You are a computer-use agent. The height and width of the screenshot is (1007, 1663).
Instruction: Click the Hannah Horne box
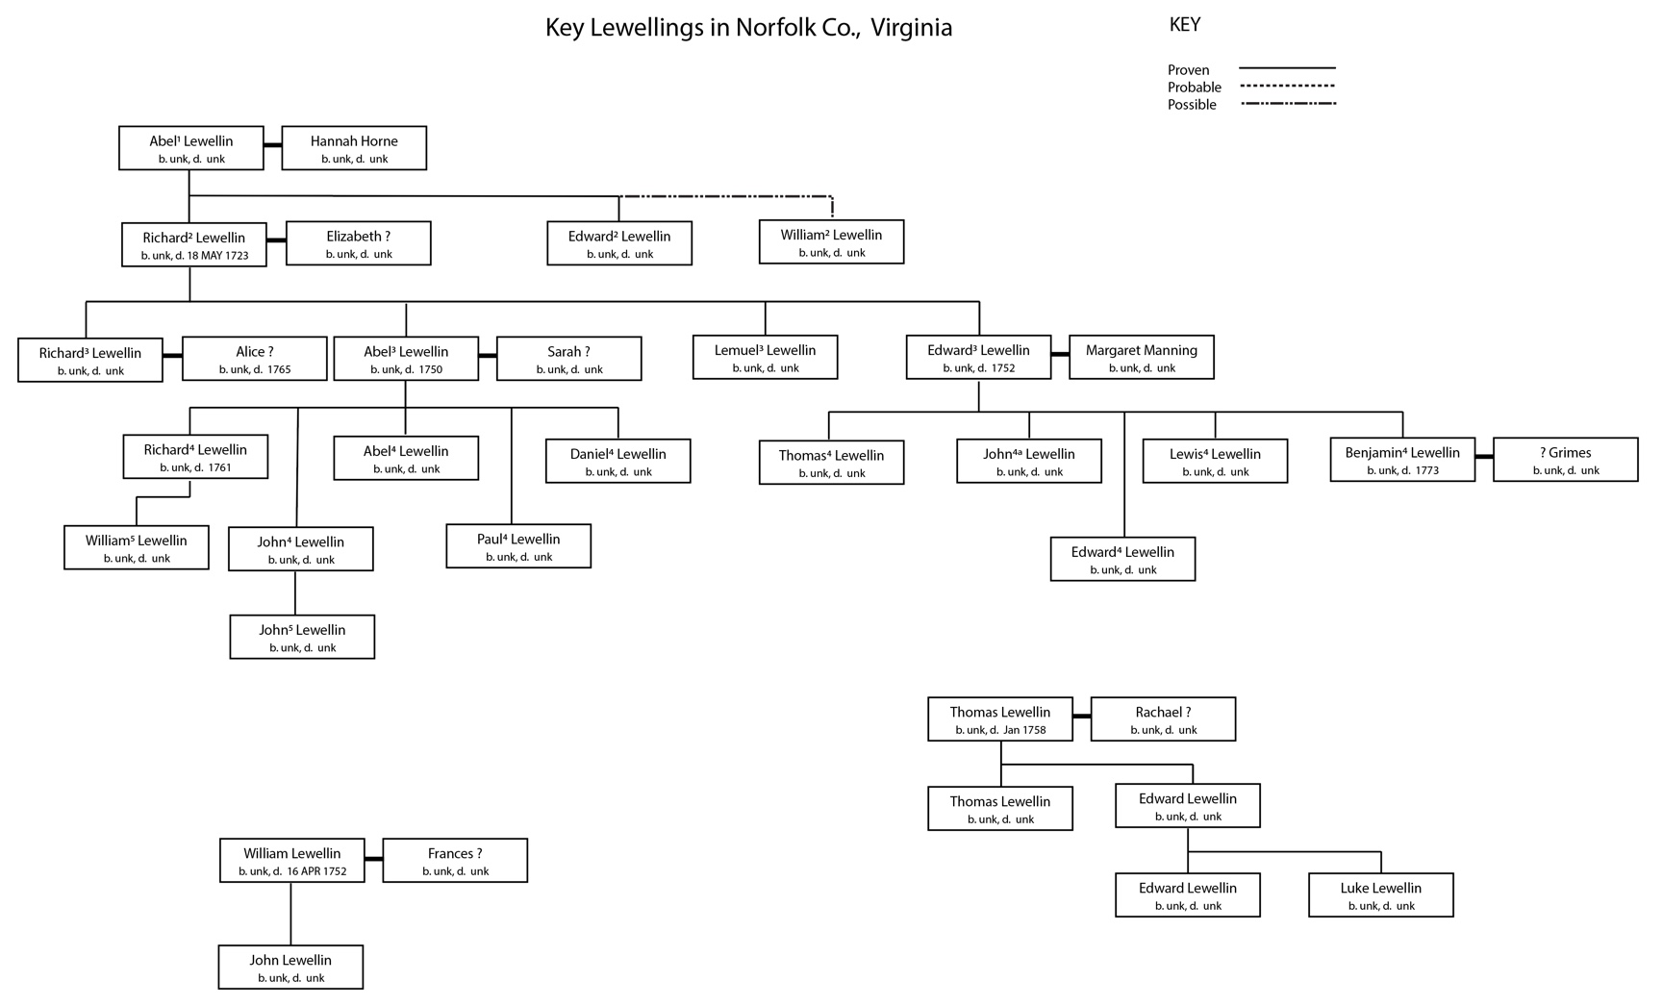pyautogui.click(x=354, y=148)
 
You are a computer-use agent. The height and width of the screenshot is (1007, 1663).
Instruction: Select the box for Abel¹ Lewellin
pyautogui.click(x=190, y=148)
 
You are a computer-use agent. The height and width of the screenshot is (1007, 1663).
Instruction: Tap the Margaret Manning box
pyautogui.click(x=1141, y=357)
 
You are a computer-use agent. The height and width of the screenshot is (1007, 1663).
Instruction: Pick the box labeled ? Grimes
pyautogui.click(x=1565, y=460)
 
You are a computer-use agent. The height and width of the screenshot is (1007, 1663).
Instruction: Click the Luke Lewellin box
pyautogui.click(x=1380, y=895)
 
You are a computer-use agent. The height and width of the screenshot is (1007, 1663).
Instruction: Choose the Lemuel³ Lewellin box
pyautogui.click(x=765, y=357)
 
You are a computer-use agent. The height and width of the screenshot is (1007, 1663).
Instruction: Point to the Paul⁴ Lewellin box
pyautogui.click(x=518, y=546)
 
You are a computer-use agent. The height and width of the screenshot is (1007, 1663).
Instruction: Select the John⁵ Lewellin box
pyautogui.click(x=302, y=637)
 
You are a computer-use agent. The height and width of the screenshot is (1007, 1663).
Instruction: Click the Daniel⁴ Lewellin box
pyautogui.click(x=617, y=461)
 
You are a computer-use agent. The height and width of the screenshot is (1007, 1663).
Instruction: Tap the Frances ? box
pyautogui.click(x=455, y=860)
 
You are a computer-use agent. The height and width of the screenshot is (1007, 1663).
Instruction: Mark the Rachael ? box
pyautogui.click(x=1163, y=719)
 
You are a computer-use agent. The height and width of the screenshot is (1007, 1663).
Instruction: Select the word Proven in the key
pyautogui.click(x=1188, y=70)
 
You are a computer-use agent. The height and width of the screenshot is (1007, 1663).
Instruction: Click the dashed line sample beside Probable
pyautogui.click(x=1287, y=86)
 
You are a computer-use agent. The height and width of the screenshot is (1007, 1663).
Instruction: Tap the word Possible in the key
pyautogui.click(x=1192, y=105)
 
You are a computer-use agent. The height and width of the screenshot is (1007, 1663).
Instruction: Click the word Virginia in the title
pyautogui.click(x=911, y=28)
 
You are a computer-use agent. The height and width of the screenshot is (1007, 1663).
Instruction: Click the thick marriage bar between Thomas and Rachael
pyautogui.click(x=1081, y=717)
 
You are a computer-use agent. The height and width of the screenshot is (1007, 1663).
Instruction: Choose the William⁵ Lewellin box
pyautogui.click(x=137, y=547)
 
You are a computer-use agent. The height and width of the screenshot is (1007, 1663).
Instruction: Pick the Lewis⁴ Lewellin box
pyautogui.click(x=1215, y=461)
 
